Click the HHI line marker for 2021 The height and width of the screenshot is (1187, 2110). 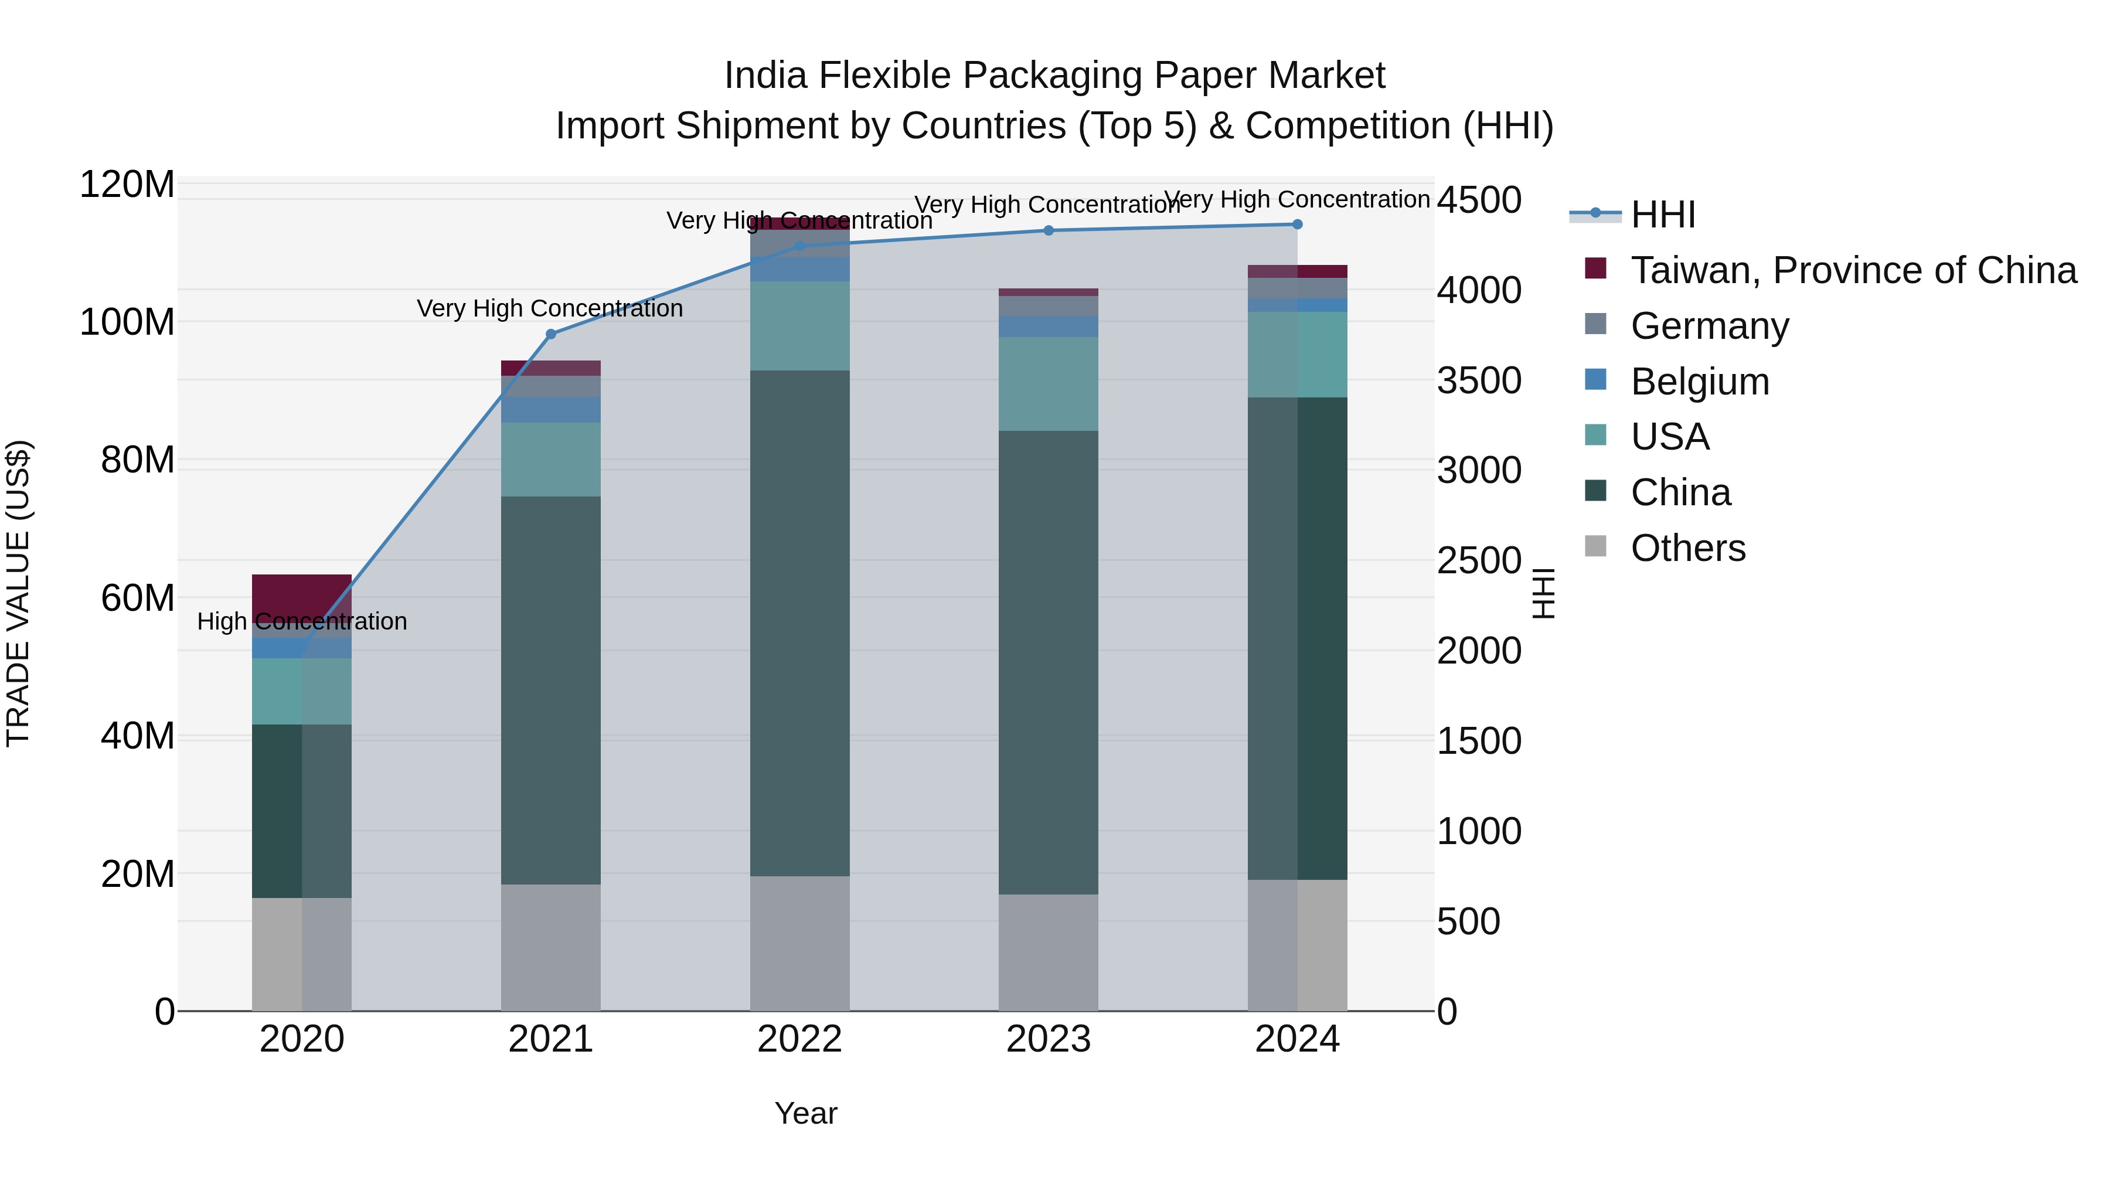pyautogui.click(x=550, y=334)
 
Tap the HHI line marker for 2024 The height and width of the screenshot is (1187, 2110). pyautogui.click(x=1296, y=225)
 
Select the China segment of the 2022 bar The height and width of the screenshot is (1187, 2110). pyautogui.click(x=799, y=623)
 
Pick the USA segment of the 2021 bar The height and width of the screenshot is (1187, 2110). pyautogui.click(x=550, y=460)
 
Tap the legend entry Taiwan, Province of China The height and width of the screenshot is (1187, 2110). pyautogui.click(x=1853, y=270)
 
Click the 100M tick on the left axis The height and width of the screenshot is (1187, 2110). pyautogui.click(x=127, y=322)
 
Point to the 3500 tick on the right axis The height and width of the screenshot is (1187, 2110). pyautogui.click(x=1479, y=381)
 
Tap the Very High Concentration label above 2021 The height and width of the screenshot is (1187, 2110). pyautogui.click(x=550, y=309)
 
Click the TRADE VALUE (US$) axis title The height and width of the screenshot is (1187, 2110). pyautogui.click(x=18, y=593)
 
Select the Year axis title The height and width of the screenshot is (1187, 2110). pyautogui.click(x=805, y=1113)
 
